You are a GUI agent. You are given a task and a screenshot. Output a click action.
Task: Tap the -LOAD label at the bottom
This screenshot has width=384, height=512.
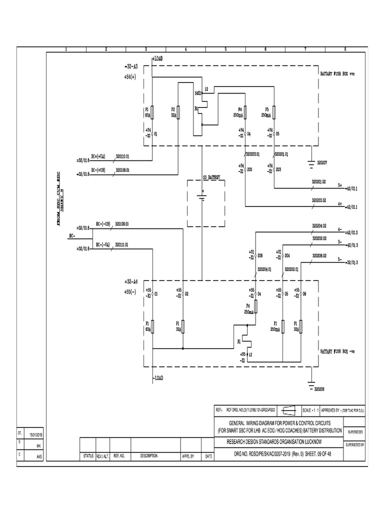(158, 377)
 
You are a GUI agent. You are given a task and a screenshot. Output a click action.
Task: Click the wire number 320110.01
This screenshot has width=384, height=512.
(122, 156)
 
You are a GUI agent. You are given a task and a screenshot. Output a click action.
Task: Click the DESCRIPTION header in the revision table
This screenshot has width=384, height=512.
(149, 456)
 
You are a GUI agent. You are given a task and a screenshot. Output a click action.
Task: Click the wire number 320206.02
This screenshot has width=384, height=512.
(319, 255)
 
